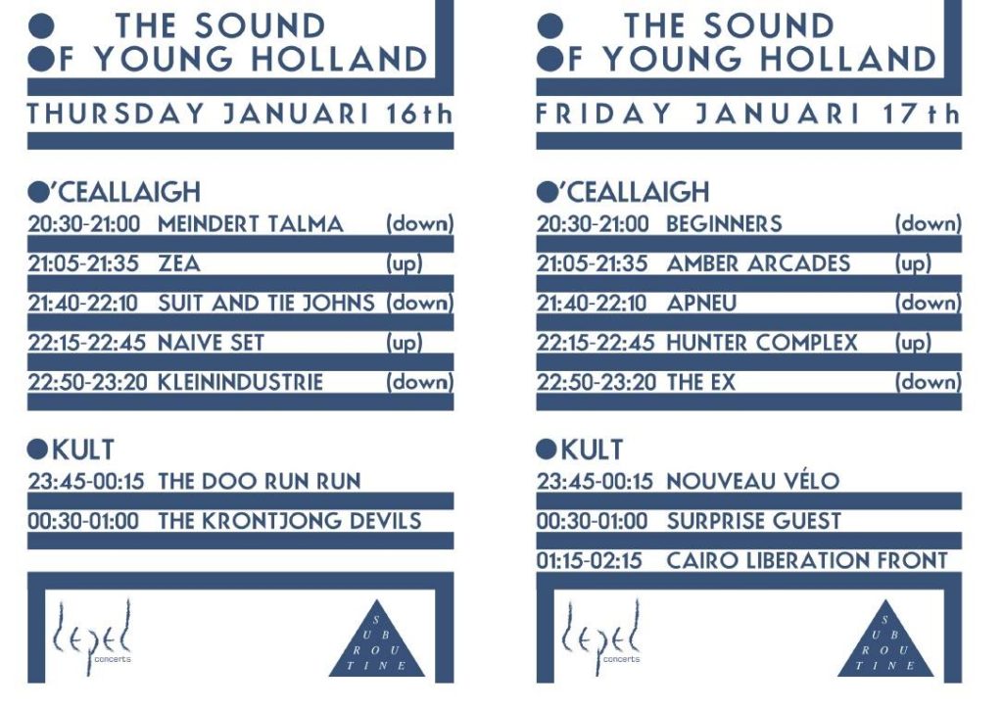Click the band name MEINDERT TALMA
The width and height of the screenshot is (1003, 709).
(x=251, y=223)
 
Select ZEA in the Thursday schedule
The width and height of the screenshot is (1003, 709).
(x=179, y=263)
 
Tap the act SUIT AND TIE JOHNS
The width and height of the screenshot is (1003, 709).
(x=266, y=303)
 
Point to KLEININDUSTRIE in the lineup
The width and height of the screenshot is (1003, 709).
(x=241, y=382)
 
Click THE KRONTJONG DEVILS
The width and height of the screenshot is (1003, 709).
(x=290, y=521)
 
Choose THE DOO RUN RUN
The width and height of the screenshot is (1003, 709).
(x=260, y=482)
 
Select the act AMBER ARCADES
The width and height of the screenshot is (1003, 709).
(x=759, y=263)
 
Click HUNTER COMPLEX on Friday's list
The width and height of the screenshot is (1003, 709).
(x=762, y=343)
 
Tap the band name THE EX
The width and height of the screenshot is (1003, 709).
(x=701, y=382)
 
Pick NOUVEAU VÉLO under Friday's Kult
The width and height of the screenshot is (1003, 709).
(x=753, y=482)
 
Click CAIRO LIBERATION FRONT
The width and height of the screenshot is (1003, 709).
(x=807, y=561)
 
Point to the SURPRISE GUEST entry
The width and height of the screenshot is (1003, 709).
(x=754, y=521)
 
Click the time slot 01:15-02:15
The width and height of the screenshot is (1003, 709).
(x=589, y=561)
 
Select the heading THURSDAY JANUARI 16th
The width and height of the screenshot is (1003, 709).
(x=240, y=114)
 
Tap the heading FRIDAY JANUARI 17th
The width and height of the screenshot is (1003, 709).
(x=748, y=114)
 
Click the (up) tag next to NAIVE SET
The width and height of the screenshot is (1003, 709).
(x=405, y=344)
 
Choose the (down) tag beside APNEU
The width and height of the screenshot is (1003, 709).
(x=929, y=304)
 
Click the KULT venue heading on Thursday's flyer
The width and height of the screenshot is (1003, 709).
(x=71, y=450)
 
